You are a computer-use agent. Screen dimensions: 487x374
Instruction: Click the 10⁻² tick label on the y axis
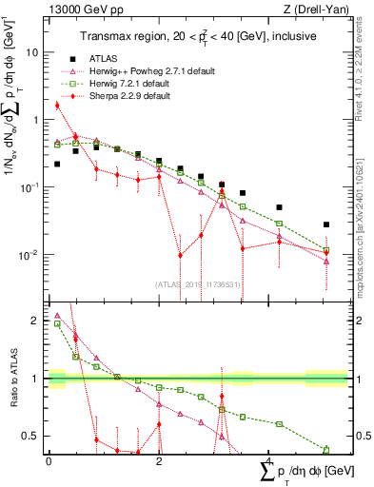[30, 254]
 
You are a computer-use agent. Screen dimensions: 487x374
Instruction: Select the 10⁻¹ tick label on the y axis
[30, 186]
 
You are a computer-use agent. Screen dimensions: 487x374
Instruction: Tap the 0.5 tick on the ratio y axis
[34, 437]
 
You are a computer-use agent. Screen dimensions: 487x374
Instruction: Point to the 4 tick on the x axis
[268, 459]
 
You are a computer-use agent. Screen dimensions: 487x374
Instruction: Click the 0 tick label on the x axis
[49, 459]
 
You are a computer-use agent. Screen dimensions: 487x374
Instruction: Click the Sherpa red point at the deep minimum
[180, 255]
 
